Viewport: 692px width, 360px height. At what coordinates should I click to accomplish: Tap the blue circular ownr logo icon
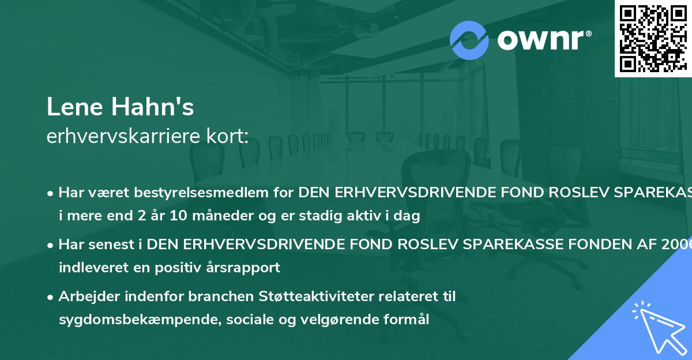[469, 40]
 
